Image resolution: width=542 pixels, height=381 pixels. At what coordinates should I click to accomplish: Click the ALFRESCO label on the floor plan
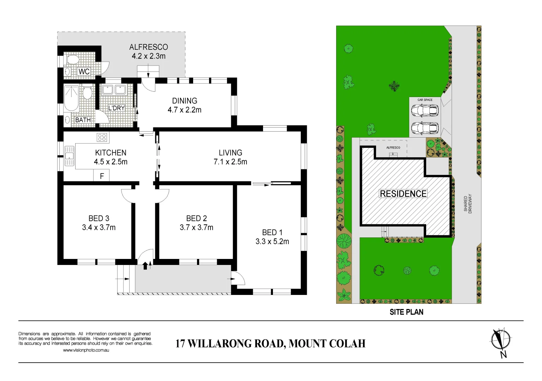coord(148,47)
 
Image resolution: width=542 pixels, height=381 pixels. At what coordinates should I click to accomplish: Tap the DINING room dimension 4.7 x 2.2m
coord(184,110)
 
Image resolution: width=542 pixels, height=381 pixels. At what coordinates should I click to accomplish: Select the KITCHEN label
coord(111,153)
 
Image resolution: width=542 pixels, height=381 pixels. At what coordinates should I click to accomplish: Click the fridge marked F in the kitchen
coord(102,176)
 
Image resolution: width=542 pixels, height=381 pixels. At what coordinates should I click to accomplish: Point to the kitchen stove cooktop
coord(102,137)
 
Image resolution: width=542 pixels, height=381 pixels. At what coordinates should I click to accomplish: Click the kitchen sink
coord(69,156)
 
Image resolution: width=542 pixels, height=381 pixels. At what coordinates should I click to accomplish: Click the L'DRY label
coord(117,108)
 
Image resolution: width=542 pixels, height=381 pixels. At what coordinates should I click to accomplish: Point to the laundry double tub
coord(114,90)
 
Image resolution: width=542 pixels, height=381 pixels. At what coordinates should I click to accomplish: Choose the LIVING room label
coord(230,153)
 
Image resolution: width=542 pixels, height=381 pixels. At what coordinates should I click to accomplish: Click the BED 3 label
coord(99,218)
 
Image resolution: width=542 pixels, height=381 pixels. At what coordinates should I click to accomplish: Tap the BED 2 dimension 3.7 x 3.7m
coord(196,228)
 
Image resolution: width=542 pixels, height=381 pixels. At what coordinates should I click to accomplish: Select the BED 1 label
coord(272,232)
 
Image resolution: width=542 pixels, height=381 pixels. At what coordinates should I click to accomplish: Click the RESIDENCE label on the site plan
coord(403,194)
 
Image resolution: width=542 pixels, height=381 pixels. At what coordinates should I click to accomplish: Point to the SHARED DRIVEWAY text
coord(467,204)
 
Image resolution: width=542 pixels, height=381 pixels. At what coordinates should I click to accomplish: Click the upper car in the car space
coord(424,110)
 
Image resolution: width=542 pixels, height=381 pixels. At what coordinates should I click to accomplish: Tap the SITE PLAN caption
coord(406,312)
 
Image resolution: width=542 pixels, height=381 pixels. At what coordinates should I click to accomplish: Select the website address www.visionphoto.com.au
coord(86,350)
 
